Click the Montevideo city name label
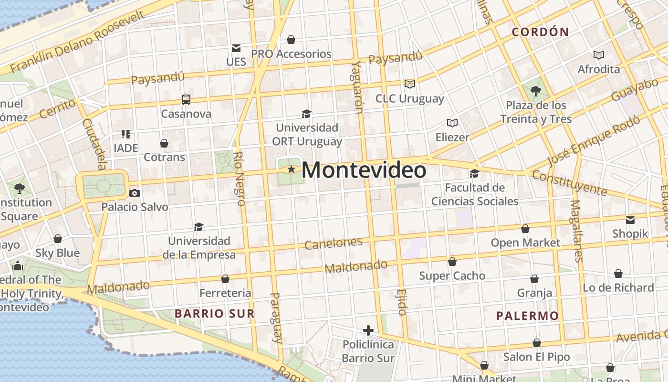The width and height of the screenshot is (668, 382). [364, 170]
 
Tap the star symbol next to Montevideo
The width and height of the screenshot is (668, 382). [291, 170]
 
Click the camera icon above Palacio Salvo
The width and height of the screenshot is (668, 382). [135, 193]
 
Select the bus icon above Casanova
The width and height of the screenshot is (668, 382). [186, 100]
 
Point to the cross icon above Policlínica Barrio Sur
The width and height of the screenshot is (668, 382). [368, 330]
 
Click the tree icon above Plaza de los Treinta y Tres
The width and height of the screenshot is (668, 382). [535, 90]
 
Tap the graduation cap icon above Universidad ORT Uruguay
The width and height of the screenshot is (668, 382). [307, 114]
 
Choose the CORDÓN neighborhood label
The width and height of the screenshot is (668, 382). [540, 32]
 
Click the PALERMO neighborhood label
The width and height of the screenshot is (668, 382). [527, 316]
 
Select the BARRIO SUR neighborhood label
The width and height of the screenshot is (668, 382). [214, 313]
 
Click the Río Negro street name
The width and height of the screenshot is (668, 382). [240, 178]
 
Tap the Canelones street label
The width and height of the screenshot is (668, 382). [333, 243]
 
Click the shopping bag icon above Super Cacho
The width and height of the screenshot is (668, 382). [452, 262]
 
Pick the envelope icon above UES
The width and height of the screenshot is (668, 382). [236, 48]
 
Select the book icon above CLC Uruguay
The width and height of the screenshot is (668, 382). [409, 84]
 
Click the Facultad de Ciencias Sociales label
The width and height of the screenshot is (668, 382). [475, 194]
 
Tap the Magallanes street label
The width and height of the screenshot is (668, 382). [577, 231]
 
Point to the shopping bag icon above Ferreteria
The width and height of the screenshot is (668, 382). [225, 279]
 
